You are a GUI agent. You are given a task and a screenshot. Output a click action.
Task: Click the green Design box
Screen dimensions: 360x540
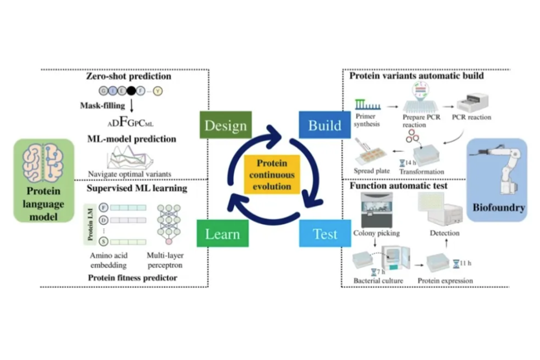pos(225,125)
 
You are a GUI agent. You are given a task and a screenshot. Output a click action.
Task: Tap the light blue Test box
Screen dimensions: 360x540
pos(325,233)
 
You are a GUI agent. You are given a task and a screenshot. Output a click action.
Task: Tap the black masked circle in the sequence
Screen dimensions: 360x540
pos(131,91)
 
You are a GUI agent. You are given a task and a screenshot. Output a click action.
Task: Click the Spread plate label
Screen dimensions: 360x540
pos(372,171)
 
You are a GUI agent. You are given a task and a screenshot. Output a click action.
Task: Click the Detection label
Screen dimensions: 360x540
pos(445,232)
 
